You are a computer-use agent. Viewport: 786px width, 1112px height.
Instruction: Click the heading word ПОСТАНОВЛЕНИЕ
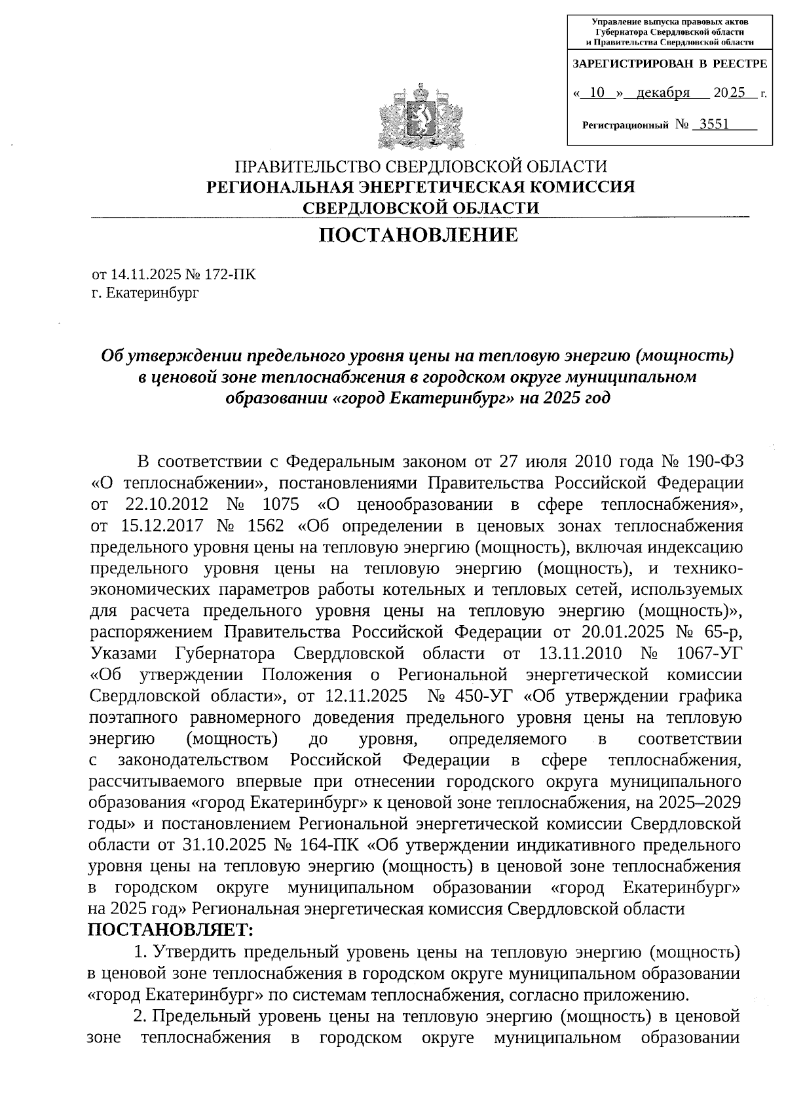click(419, 235)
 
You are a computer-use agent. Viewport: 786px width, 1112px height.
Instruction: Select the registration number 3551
click(714, 124)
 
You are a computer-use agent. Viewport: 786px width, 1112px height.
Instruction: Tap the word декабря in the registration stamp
click(663, 93)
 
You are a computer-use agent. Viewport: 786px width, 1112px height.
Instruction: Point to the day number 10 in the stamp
click(596, 93)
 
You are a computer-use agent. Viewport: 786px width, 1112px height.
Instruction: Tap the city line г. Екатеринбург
click(145, 292)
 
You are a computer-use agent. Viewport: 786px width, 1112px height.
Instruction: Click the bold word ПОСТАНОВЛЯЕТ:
click(170, 930)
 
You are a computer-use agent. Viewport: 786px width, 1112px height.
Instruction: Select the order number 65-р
click(721, 632)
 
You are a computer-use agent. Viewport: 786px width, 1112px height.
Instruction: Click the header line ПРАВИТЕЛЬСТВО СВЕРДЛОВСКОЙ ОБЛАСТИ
click(421, 166)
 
